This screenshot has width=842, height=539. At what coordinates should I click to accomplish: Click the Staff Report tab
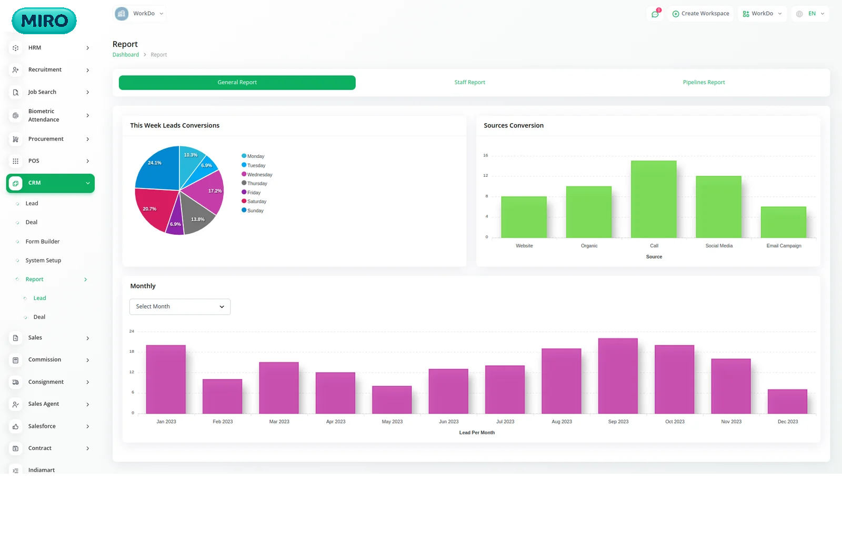pos(469,83)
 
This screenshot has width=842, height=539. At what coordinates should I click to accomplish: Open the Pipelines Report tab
pos(704,83)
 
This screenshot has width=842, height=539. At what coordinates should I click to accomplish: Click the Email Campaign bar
pos(783,222)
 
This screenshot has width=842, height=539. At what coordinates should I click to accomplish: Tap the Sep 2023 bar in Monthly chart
pos(618,376)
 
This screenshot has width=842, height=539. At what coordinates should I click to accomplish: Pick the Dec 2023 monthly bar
pos(787,402)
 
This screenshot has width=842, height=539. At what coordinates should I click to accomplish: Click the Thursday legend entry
pos(257,184)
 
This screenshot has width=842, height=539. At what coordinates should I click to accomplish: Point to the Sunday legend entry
pos(255,211)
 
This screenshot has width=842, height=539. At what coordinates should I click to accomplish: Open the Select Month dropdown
pos(180,307)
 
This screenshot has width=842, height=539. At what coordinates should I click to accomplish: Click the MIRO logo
pos(44,21)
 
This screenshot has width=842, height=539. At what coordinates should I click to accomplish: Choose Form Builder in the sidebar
pos(43,242)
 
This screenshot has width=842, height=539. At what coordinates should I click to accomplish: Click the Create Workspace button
pos(701,14)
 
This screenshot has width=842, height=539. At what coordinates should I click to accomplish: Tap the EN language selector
pos(811,14)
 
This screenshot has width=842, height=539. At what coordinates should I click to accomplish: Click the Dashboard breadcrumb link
pos(126,55)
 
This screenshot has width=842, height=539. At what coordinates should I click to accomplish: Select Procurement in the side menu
pos(46,139)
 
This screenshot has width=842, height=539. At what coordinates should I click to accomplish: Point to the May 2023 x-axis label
pos(392,422)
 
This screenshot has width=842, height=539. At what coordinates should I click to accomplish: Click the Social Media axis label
pos(719,246)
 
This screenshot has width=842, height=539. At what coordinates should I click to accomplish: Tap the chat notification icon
pos(655,14)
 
